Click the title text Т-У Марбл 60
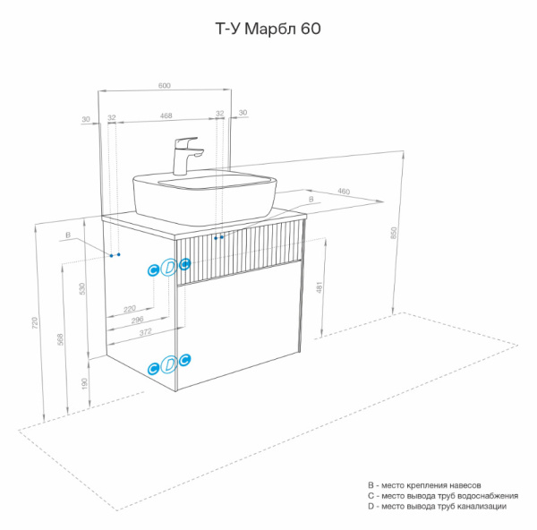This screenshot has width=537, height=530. tap(268, 29)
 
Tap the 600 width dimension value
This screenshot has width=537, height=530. tap(165, 85)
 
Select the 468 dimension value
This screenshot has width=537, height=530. tap(166, 115)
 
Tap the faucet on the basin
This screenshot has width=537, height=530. tap(186, 155)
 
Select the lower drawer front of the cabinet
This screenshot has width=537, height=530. tap(242, 331)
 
